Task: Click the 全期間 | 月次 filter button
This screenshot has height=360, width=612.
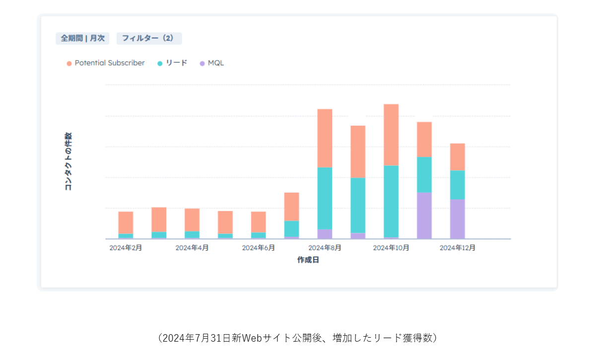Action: point(82,39)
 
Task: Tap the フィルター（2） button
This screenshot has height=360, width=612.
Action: point(149,39)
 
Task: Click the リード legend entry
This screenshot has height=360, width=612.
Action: point(172,63)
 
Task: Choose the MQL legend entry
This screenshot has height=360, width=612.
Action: point(212,63)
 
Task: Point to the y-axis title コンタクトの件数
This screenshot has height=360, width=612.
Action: point(68,161)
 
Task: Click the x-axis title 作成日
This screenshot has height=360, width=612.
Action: point(308,260)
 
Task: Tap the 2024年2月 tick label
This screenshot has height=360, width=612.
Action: point(126,248)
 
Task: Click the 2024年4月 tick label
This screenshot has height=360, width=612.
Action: point(192,248)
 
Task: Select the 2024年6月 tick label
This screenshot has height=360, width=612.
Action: point(258,248)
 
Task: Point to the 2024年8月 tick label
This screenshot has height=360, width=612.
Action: point(325,248)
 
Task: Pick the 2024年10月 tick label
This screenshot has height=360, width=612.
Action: point(391,248)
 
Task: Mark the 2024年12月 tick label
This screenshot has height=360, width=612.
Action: point(457,248)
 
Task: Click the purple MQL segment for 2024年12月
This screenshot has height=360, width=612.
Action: point(457,218)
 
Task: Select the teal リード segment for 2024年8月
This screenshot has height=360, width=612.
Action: point(325,198)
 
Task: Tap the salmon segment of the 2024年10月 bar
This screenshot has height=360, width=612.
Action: point(391,135)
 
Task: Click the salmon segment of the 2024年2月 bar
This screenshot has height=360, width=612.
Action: point(126,222)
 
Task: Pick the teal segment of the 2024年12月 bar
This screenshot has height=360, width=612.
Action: point(457,185)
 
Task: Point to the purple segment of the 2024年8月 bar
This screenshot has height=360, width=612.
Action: point(325,234)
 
